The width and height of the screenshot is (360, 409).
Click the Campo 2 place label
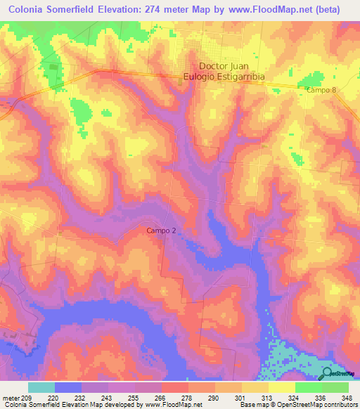(161, 231)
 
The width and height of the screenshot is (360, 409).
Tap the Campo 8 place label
(321, 90)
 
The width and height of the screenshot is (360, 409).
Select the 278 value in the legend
(187, 397)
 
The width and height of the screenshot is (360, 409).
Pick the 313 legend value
(267, 397)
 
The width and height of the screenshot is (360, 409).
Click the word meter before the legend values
(11, 397)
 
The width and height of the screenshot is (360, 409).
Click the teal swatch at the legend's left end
(41, 387)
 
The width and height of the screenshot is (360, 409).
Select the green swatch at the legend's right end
(335, 387)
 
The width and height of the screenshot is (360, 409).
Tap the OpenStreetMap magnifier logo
(328, 374)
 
